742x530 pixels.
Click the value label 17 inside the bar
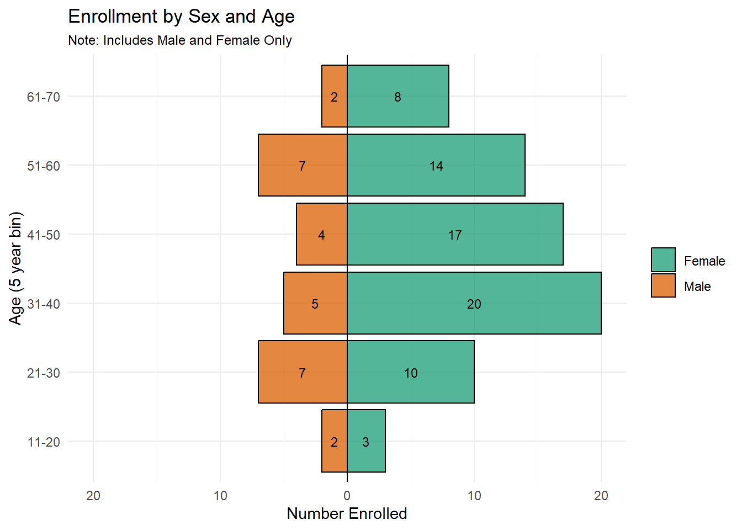point(454,235)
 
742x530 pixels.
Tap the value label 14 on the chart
point(436,166)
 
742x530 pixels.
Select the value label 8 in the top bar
point(397,97)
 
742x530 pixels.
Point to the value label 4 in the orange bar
point(321,235)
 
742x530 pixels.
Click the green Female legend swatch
point(663,260)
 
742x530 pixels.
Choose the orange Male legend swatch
point(663,285)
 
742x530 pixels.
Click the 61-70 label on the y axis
point(44,97)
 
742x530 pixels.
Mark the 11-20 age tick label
point(44,442)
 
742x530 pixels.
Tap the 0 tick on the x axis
point(347,496)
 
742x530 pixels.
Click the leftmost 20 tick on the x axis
point(93,496)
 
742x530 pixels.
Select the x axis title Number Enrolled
point(347,513)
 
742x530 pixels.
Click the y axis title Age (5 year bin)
point(15,268)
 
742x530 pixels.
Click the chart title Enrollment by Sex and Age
point(181,17)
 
